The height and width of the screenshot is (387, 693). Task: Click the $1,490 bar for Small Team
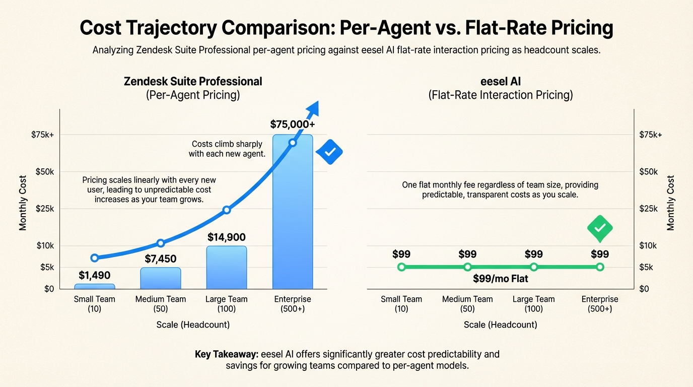pyautogui.click(x=94, y=286)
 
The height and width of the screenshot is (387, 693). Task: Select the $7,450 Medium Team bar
pyautogui.click(x=160, y=278)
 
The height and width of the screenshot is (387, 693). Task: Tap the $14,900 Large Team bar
pyautogui.click(x=226, y=267)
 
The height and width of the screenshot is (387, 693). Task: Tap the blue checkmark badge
pyautogui.click(x=329, y=152)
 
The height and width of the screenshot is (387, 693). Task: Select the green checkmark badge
pyautogui.click(x=599, y=228)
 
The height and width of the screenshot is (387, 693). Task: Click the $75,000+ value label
pyautogui.click(x=292, y=124)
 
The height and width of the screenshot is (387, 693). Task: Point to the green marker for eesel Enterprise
pyautogui.click(x=599, y=267)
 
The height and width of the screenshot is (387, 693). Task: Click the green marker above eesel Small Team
pyautogui.click(x=401, y=267)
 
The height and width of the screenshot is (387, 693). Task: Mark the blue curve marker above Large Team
pyautogui.click(x=226, y=210)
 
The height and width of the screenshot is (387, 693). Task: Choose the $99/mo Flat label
pyautogui.click(x=500, y=278)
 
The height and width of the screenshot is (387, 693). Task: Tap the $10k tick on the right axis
pyautogui.click(x=648, y=245)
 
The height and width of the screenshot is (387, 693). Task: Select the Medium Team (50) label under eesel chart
pyautogui.click(x=467, y=304)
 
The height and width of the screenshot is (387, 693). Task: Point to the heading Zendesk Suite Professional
pyautogui.click(x=193, y=81)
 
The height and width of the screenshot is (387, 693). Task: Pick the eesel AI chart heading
pyautogui.click(x=500, y=81)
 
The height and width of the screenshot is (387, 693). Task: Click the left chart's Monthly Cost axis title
pyautogui.click(x=23, y=203)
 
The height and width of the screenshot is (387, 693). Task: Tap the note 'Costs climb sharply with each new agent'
pyautogui.click(x=227, y=149)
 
